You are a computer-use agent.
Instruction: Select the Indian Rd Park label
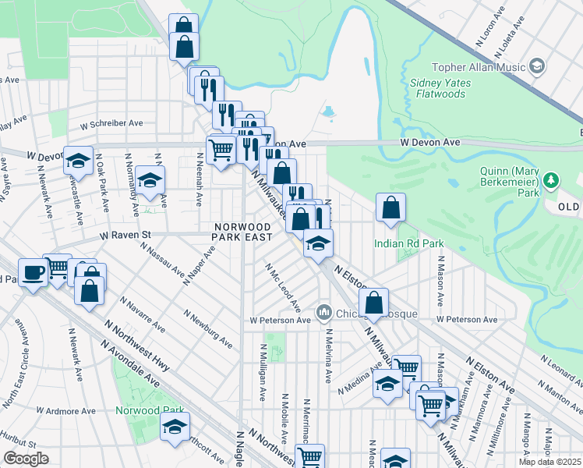coord(408,243)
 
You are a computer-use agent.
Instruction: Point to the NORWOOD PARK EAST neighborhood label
coord(244,232)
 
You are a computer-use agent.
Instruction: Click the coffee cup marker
coord(33,273)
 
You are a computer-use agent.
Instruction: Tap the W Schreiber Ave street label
coord(111,123)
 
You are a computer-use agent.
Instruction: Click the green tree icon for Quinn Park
coord(551,181)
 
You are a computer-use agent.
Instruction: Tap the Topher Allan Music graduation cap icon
coord(536,67)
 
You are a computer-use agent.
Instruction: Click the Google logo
coord(25,459)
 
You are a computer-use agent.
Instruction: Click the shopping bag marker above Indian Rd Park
coord(390,208)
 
